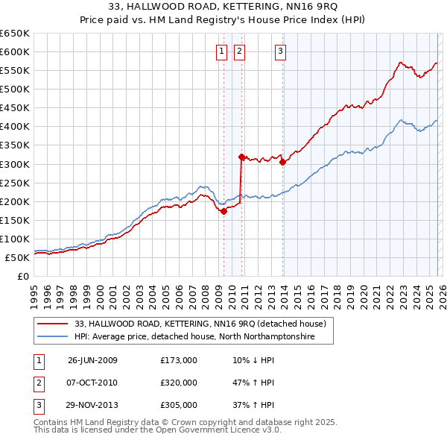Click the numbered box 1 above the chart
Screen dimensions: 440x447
tap(222, 51)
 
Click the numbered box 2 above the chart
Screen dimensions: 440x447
tap(239, 51)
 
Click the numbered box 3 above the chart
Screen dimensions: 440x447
tap(280, 51)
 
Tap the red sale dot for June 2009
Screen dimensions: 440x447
tap(223, 211)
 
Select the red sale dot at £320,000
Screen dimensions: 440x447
tap(241, 157)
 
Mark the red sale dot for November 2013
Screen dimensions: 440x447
tap(283, 163)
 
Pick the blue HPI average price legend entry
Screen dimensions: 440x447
tap(194, 337)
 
